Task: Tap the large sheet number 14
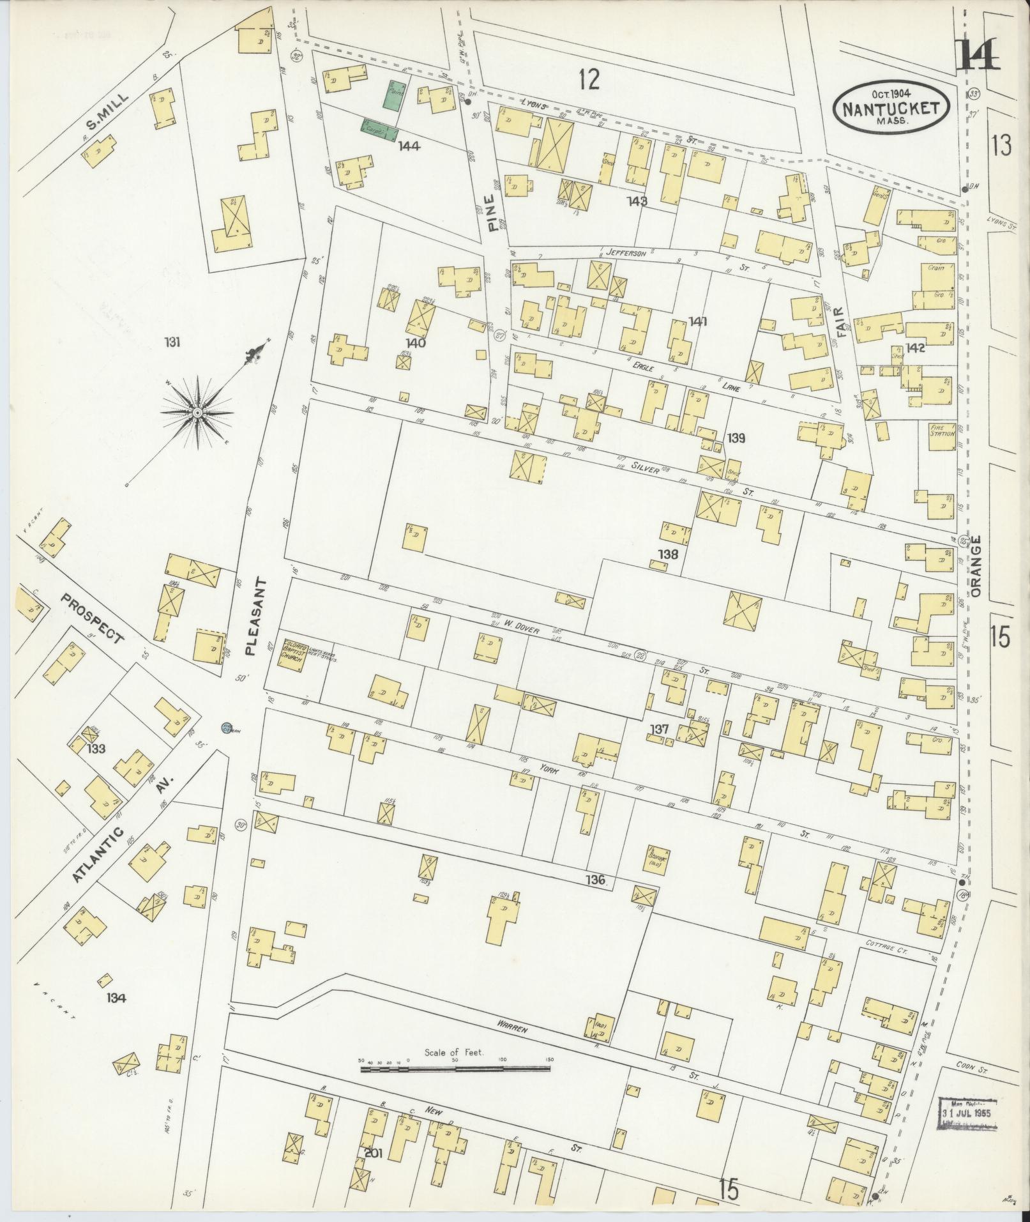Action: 978,54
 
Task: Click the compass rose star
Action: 197,414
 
